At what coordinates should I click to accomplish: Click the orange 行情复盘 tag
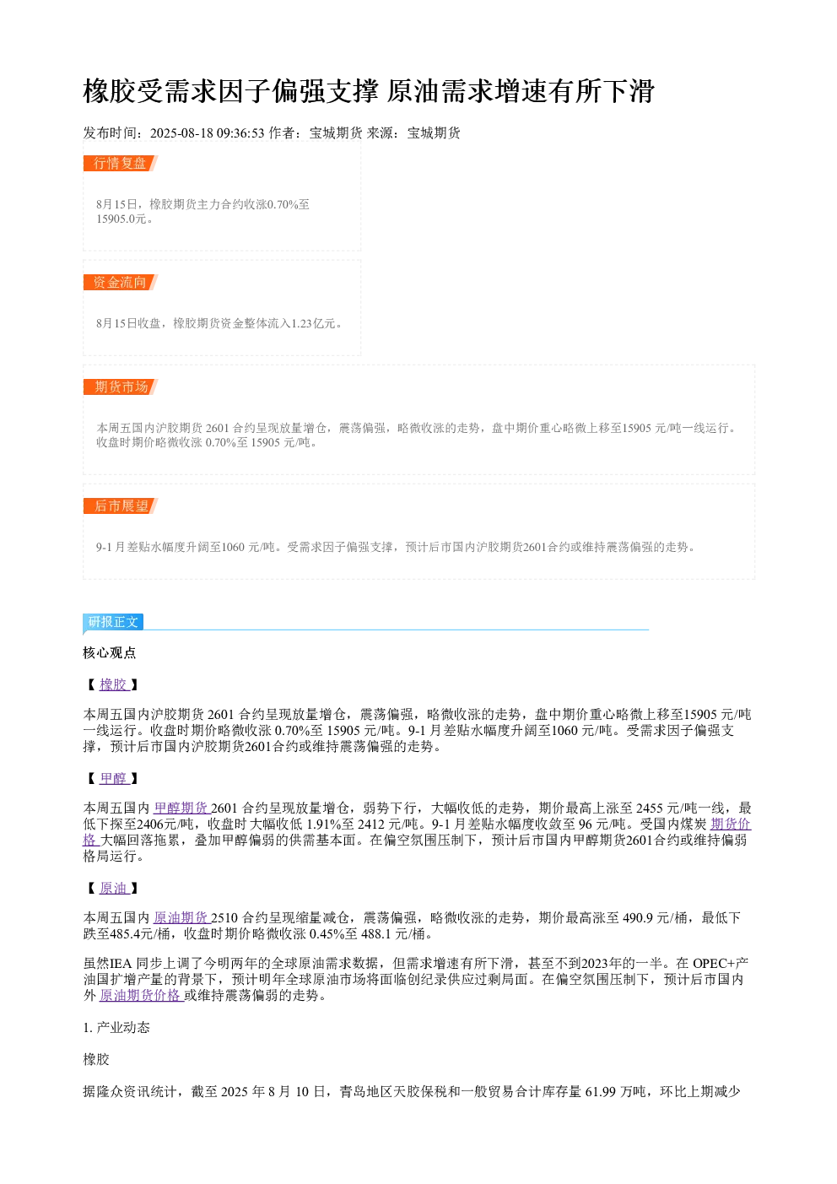[121, 164]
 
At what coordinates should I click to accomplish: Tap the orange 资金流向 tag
[121, 282]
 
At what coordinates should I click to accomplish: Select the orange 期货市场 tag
[121, 387]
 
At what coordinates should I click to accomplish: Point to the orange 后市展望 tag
[121, 505]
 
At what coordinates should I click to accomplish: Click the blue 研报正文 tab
[113, 622]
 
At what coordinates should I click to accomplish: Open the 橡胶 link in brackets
[114, 684]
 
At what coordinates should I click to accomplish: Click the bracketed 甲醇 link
[114, 778]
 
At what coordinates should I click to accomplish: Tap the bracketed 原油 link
[114, 888]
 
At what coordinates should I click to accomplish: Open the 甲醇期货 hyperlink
[181, 808]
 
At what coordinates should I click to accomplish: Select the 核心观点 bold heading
[110, 653]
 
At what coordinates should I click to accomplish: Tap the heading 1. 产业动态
[116, 1027]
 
